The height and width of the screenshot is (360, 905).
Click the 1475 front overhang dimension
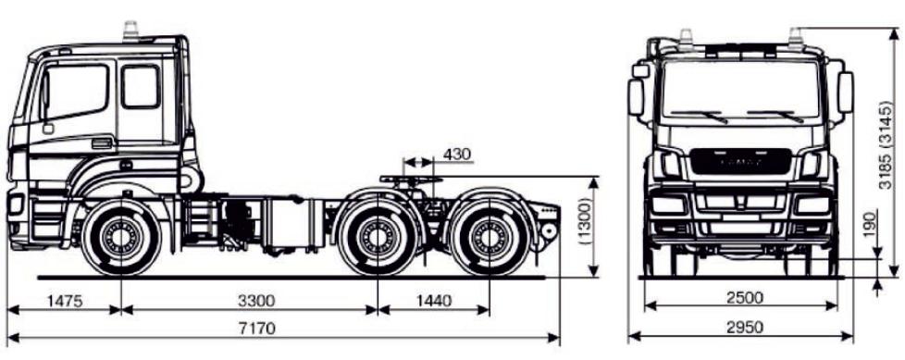tap(65, 301)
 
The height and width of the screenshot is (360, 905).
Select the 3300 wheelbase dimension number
tap(256, 301)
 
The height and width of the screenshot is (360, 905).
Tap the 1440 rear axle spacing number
tap(433, 301)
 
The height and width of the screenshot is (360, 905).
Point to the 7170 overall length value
tap(257, 329)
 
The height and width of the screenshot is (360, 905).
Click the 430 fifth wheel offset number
tap(456, 155)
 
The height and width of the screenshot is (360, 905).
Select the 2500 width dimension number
tap(745, 298)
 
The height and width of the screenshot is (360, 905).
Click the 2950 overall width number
tap(745, 328)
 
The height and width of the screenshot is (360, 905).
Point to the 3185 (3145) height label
tap(885, 144)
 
